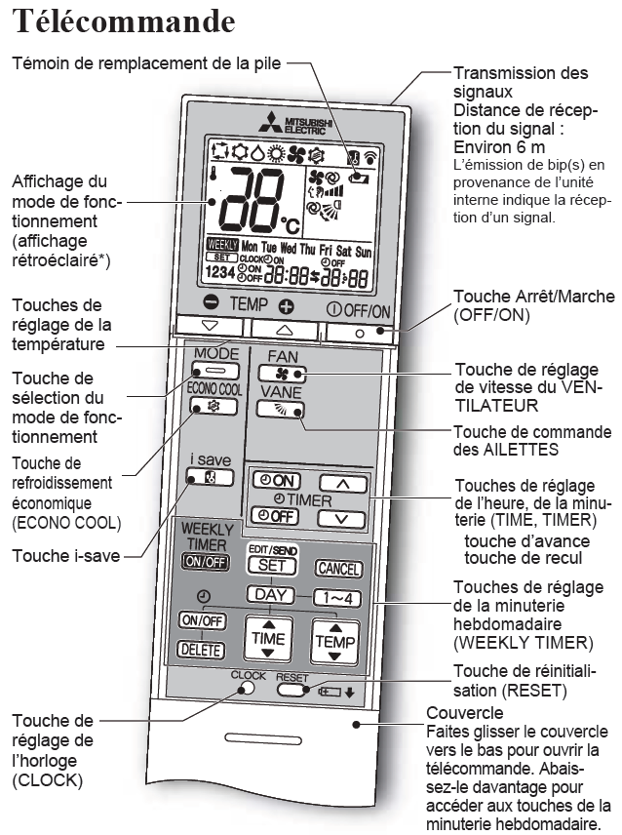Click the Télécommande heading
[125, 21]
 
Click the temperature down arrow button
[209, 327]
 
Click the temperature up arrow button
[284, 327]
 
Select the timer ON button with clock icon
[276, 481]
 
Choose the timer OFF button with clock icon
[275, 516]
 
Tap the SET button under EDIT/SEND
[277, 565]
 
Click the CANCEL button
[337, 568]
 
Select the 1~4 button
[322, 596]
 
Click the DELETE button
[202, 649]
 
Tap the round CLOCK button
[248, 688]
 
